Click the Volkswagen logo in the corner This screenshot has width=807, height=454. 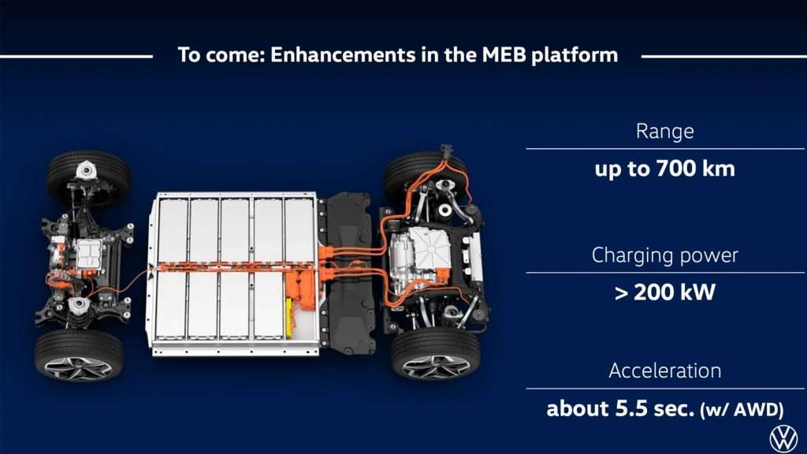pyautogui.click(x=783, y=439)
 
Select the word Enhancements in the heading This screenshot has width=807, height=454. pyautogui.click(x=342, y=54)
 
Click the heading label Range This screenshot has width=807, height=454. pyautogui.click(x=664, y=132)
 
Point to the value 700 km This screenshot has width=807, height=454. pyautogui.click(x=695, y=169)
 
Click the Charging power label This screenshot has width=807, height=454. pyautogui.click(x=664, y=255)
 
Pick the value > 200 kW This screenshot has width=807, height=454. pyautogui.click(x=664, y=292)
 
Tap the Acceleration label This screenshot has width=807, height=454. pyautogui.click(x=664, y=370)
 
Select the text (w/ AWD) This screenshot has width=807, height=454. pyautogui.click(x=742, y=410)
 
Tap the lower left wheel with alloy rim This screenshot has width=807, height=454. pyautogui.click(x=79, y=355)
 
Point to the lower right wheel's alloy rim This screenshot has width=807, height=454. pyautogui.click(x=436, y=367)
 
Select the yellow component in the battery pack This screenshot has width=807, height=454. pyautogui.click(x=291, y=318)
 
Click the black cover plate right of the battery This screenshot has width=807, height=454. pyautogui.click(x=348, y=273)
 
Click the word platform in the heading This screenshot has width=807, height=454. pyautogui.click(x=575, y=55)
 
